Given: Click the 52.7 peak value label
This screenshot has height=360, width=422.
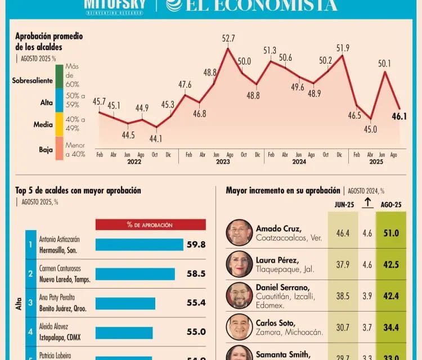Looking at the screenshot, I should [228, 39].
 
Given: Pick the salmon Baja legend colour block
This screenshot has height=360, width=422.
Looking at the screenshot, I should [60, 148].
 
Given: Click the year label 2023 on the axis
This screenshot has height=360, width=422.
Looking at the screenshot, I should [222, 161].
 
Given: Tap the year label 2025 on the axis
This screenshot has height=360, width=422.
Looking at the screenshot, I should [376, 161].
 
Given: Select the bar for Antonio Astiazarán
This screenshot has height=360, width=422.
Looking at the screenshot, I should [139, 245].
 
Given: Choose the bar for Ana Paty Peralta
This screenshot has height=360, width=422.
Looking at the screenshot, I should [125, 303].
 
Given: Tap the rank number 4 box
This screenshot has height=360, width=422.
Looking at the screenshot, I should [30, 332].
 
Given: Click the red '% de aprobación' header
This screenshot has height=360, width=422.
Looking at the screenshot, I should [150, 225].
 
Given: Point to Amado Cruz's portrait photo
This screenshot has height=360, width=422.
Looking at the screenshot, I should [240, 233].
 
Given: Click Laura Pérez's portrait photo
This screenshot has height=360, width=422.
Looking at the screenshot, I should [240, 264].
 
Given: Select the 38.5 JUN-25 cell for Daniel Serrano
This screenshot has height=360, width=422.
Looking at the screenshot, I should [343, 295].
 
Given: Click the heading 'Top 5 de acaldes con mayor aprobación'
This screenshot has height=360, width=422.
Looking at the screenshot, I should [78, 191].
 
